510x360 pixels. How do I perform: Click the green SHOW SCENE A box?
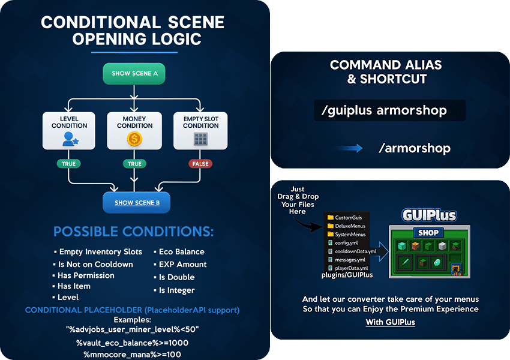(x=134, y=73)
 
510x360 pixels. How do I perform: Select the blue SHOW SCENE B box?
(x=137, y=203)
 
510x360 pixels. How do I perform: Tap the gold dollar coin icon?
(x=134, y=139)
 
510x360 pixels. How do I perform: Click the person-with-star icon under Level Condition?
(x=70, y=139)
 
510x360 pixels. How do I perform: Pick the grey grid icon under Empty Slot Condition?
(x=200, y=139)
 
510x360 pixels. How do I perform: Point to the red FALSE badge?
(x=200, y=164)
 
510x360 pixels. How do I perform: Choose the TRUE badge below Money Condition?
(x=134, y=164)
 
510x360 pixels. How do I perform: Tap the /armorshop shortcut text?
(x=414, y=148)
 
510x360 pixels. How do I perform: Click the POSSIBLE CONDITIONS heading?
(x=133, y=232)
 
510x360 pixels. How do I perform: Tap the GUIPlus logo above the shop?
(x=429, y=215)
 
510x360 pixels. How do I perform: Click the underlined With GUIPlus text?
(x=390, y=322)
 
